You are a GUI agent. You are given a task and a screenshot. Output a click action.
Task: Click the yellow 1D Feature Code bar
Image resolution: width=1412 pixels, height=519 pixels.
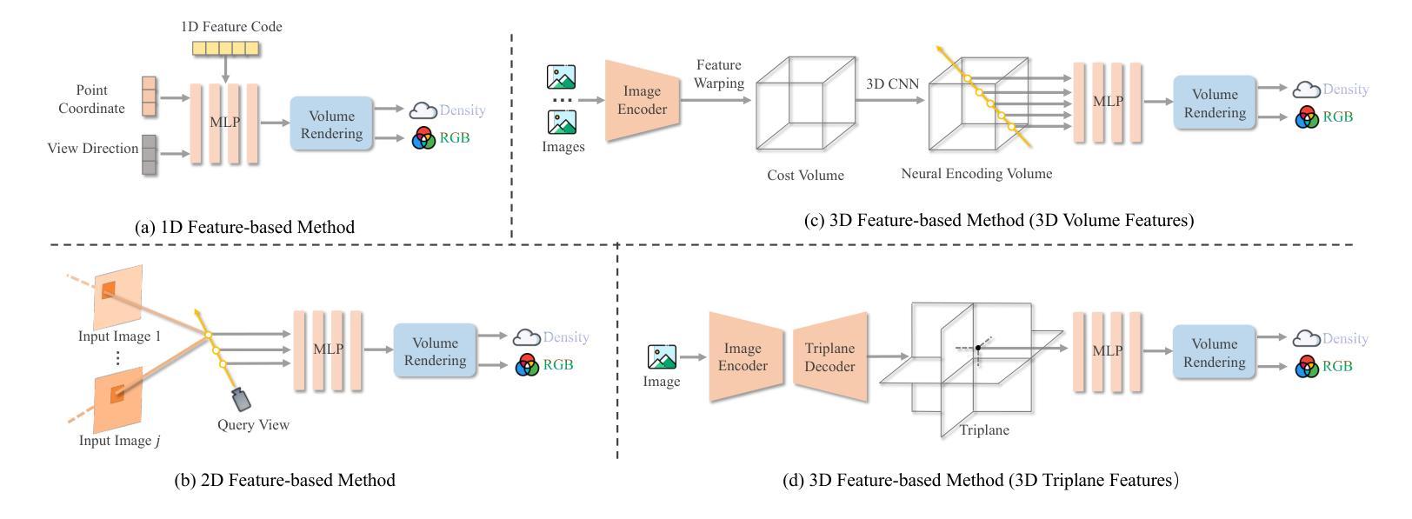point(225,49)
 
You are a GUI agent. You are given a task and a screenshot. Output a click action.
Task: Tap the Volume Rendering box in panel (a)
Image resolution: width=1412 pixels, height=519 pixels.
point(331,125)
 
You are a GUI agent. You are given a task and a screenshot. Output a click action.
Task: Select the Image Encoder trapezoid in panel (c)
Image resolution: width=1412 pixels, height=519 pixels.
point(642,101)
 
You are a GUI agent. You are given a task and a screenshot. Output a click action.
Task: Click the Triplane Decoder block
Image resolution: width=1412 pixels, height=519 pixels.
point(829,357)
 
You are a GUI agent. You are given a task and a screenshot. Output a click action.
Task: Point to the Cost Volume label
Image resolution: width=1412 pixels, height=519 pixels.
point(805,176)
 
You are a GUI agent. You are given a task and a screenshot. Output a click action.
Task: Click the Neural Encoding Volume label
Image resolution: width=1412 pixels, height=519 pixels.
point(976,174)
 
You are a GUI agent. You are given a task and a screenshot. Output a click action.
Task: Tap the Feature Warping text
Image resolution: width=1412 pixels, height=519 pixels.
point(718,74)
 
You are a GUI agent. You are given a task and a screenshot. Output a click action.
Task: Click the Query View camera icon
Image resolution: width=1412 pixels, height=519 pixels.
point(241,399)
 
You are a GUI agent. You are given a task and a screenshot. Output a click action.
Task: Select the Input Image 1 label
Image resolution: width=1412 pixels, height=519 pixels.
point(119,336)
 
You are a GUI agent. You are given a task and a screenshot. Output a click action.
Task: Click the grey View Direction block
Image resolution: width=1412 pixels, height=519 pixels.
point(150,155)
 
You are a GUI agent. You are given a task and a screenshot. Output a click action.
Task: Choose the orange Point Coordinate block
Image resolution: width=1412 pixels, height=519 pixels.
point(150,96)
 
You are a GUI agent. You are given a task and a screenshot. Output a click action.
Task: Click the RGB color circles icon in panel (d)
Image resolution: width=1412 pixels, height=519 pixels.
point(1307,367)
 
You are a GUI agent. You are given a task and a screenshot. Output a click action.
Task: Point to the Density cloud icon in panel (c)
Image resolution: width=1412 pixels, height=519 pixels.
point(1306,90)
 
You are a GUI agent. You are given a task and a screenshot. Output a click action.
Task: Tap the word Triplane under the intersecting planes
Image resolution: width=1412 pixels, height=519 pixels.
point(984,430)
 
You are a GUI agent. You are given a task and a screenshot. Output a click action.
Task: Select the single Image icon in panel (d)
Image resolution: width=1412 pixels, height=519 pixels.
point(662,357)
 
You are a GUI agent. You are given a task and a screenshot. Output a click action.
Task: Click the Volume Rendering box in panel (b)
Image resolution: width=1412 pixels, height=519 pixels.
point(436,351)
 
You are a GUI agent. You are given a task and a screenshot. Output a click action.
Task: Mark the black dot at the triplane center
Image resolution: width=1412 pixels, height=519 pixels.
point(978,348)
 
